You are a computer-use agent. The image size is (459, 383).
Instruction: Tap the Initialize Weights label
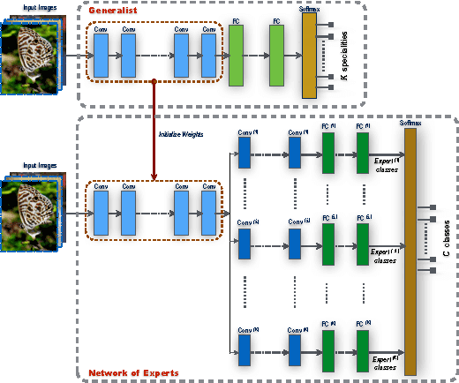tap(180, 134)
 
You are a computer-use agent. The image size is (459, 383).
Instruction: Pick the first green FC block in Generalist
tap(236, 56)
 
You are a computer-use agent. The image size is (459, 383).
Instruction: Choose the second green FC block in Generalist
tap(276, 56)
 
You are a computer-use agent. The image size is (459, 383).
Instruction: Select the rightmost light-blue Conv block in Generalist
tap(208, 56)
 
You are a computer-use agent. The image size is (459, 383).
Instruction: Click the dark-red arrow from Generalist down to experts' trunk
tap(155, 132)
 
